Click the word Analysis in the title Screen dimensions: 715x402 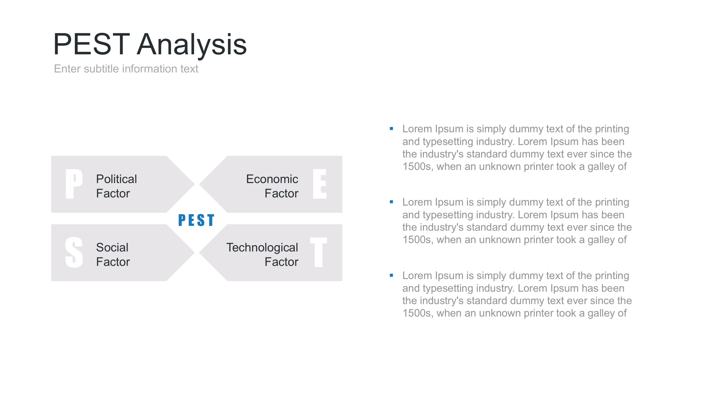tap(192, 45)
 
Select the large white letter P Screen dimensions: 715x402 tap(74, 184)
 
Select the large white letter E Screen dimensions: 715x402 tap(320, 184)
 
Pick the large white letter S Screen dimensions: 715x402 tap(74, 252)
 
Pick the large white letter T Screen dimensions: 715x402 tap(319, 252)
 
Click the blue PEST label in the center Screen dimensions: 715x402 tap(196, 220)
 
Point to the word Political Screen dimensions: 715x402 tap(116, 179)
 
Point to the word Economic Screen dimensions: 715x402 tap(272, 179)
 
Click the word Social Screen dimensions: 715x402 tap(112, 248)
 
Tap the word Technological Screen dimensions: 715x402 tap(262, 248)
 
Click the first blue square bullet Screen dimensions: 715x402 tap(391, 128)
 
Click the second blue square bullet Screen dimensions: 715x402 tap(391, 202)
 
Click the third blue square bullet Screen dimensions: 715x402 tap(391, 275)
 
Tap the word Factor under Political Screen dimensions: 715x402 tap(113, 193)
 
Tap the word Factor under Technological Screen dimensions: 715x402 tap(282, 262)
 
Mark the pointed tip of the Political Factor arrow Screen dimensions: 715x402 tap(194, 184)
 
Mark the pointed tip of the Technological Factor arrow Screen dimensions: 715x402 tap(199, 252)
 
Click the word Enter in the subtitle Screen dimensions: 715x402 tap(67, 69)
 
